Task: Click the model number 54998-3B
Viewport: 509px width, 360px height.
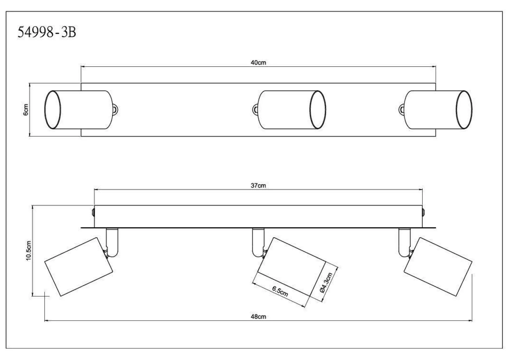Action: (47, 32)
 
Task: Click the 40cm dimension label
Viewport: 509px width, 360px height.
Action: (258, 63)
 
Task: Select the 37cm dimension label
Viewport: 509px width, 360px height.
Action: (258, 186)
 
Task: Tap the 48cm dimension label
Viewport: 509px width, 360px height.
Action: (258, 317)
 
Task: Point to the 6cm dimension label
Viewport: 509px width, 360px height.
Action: (26, 110)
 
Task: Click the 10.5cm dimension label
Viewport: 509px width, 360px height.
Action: (29, 251)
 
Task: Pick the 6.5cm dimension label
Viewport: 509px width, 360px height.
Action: (280, 291)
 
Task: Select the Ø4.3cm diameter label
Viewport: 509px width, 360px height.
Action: (326, 283)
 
